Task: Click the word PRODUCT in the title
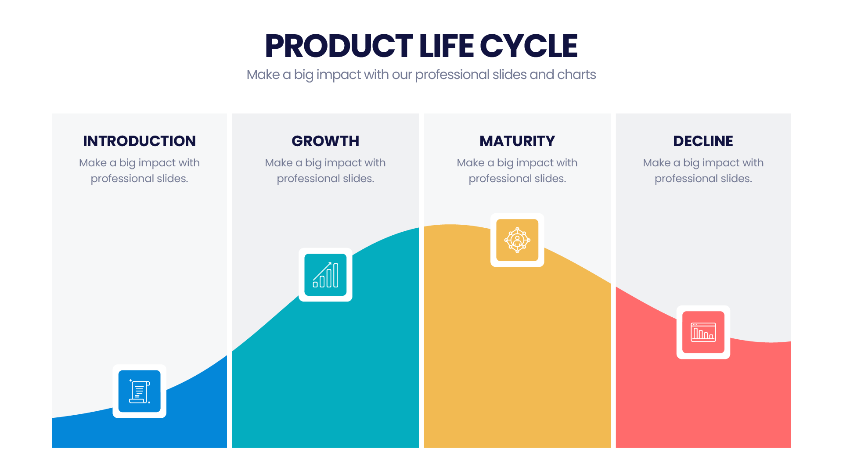click(x=339, y=46)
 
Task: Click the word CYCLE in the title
click(x=529, y=46)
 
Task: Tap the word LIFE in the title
click(x=446, y=46)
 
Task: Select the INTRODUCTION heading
click(x=139, y=141)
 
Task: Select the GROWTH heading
click(x=325, y=141)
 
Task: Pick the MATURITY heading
click(x=517, y=141)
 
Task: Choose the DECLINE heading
click(x=703, y=141)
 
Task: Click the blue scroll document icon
click(x=140, y=391)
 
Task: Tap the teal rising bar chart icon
click(x=325, y=275)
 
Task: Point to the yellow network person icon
click(x=517, y=240)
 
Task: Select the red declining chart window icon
click(x=703, y=332)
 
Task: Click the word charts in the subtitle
click(x=576, y=75)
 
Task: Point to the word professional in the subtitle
click(x=452, y=75)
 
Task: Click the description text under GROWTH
click(x=325, y=171)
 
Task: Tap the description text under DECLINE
click(x=703, y=171)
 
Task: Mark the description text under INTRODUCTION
click(x=139, y=171)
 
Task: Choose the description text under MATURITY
click(x=517, y=171)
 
